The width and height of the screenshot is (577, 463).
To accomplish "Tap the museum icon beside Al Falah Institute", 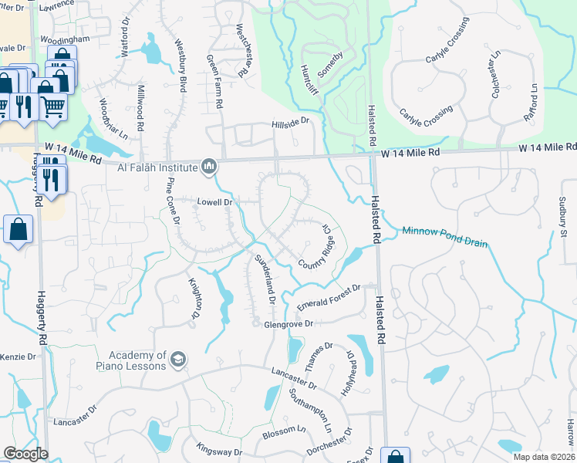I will tap(208, 166).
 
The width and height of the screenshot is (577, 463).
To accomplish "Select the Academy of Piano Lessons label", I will tap(132, 360).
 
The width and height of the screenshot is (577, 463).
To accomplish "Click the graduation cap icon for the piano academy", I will tap(178, 359).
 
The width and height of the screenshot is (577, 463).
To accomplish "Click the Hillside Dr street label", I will tap(290, 122).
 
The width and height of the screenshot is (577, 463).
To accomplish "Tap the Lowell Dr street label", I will tap(215, 202).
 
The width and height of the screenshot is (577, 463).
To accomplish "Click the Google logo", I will tap(26, 453).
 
